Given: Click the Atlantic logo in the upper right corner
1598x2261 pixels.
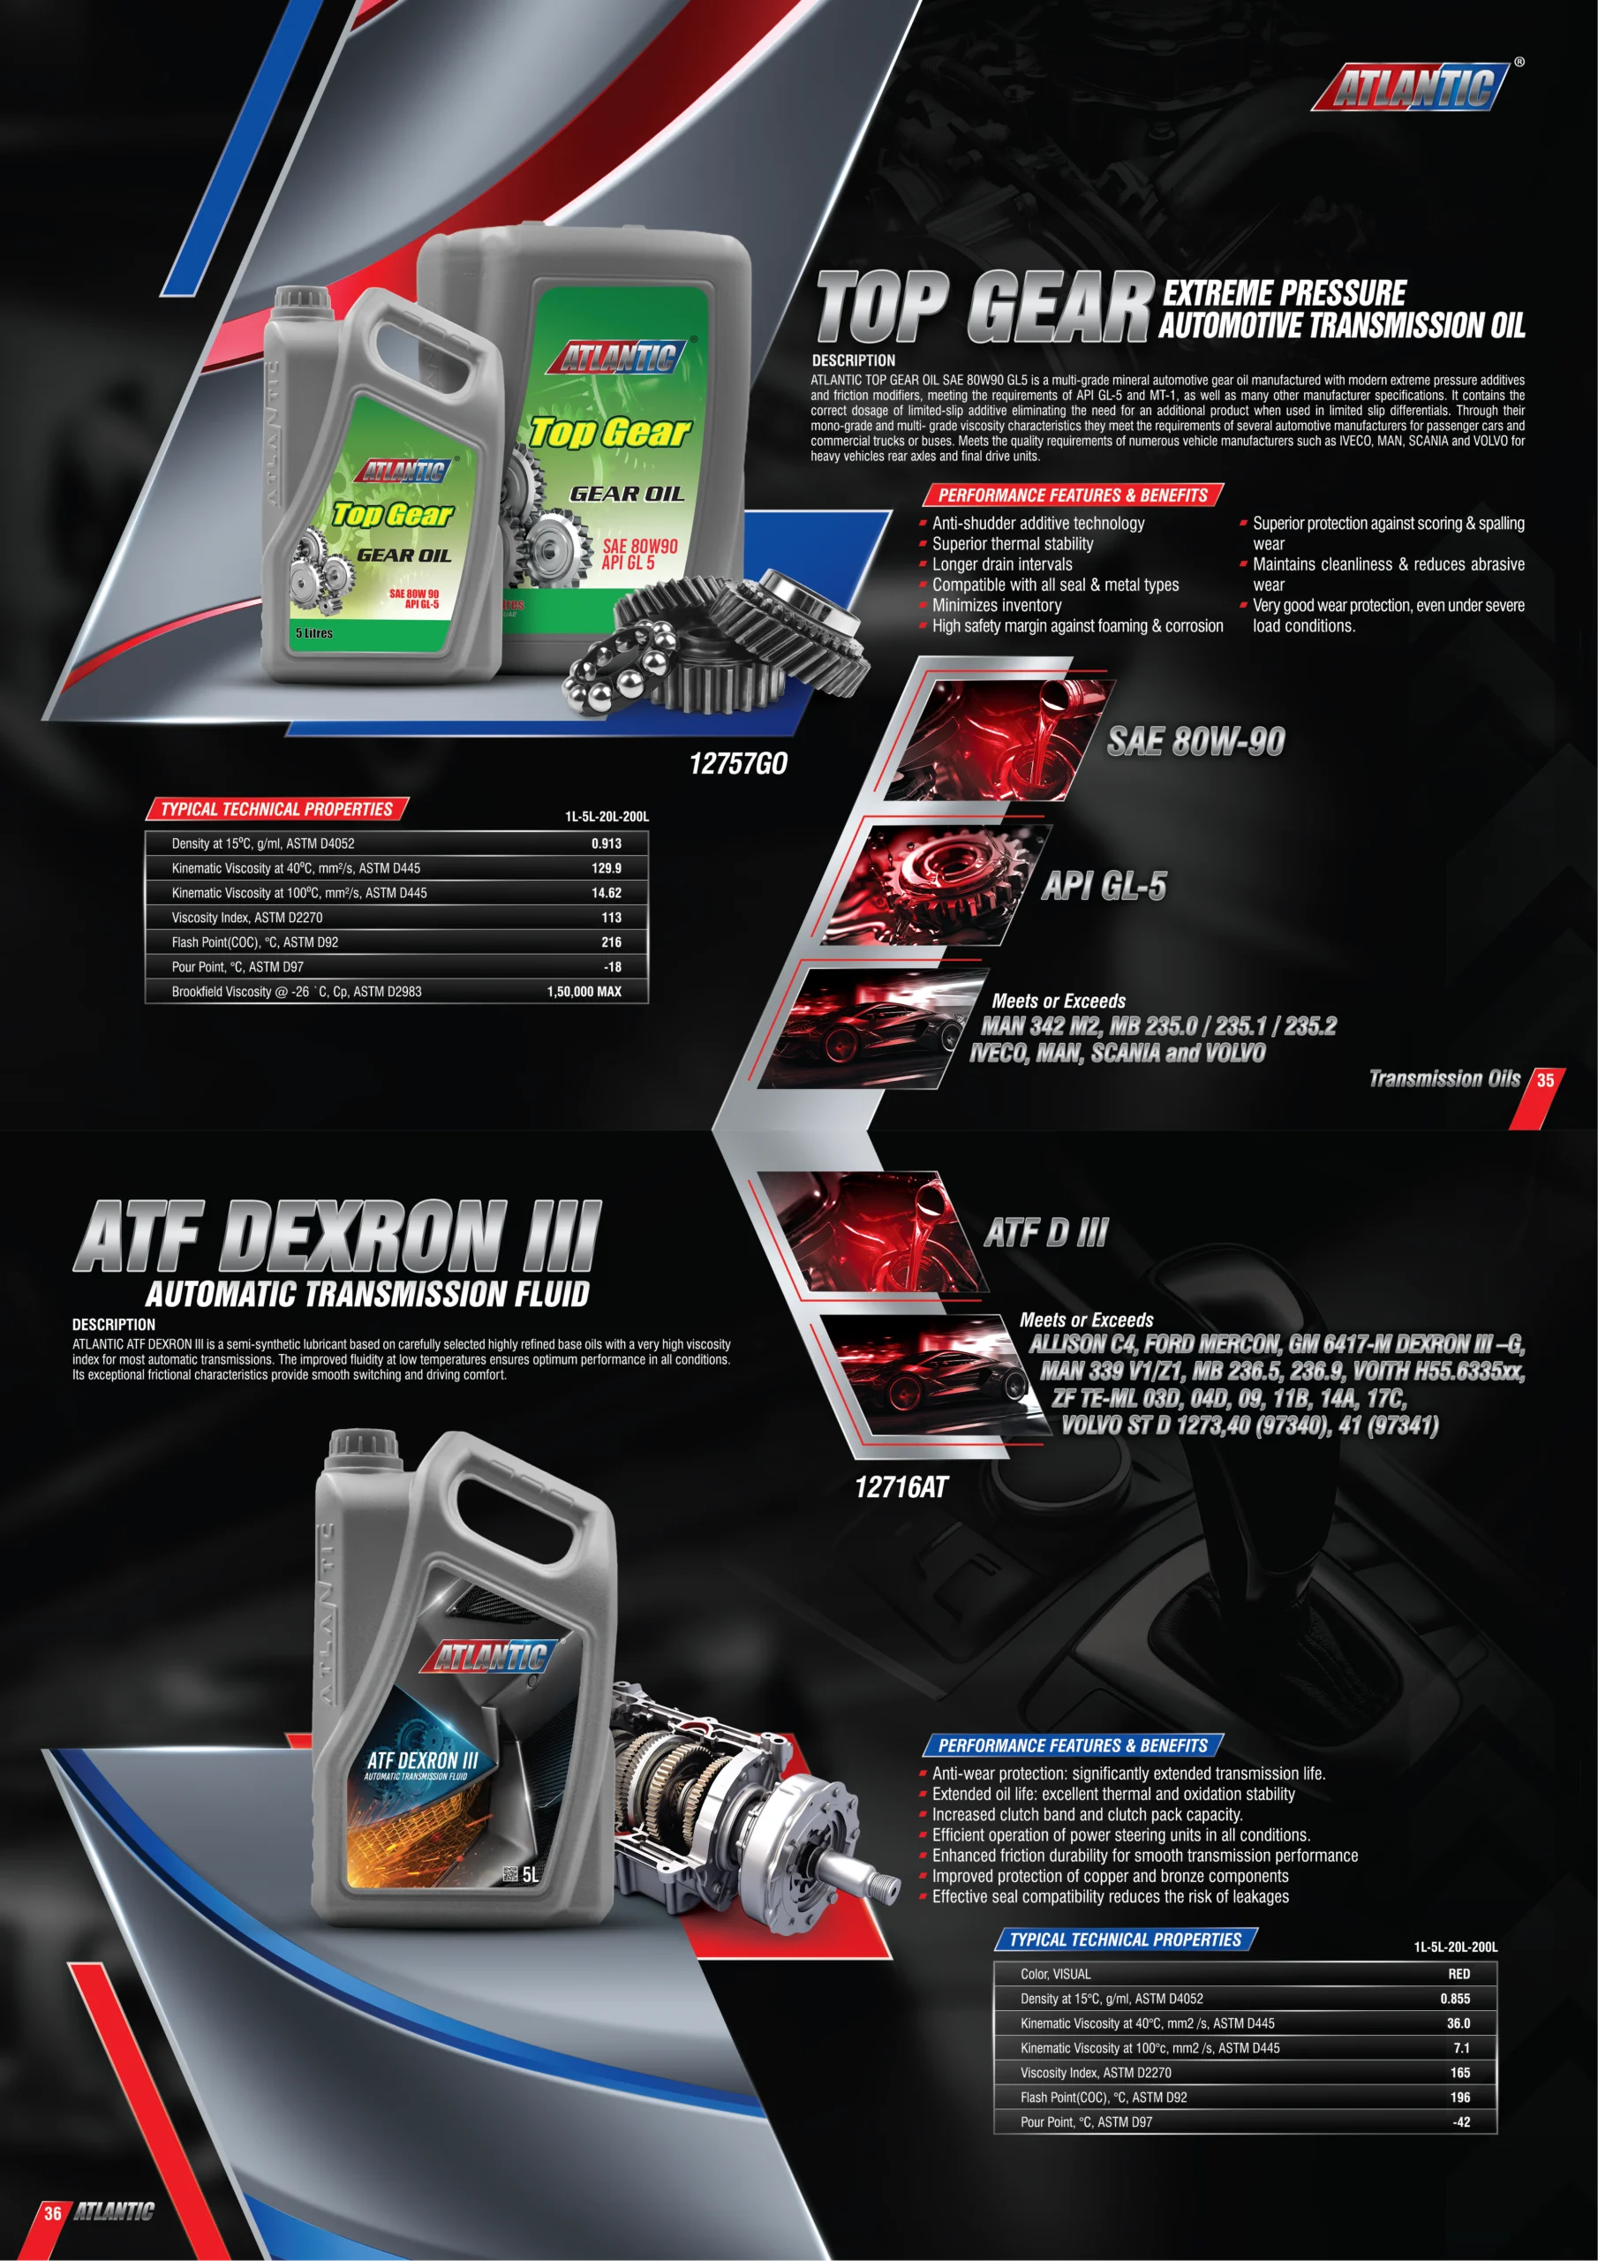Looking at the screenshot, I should pyautogui.click(x=1410, y=87).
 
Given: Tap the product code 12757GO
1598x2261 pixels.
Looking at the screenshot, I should pyautogui.click(x=737, y=763).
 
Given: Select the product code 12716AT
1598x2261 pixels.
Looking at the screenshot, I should pyautogui.click(x=901, y=1487).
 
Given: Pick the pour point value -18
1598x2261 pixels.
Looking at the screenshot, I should pyautogui.click(x=612, y=967).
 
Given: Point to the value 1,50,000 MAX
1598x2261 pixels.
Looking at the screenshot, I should pyautogui.click(x=584, y=992).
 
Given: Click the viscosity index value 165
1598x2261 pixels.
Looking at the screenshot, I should pyautogui.click(x=1459, y=2072).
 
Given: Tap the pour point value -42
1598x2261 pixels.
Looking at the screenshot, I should pyautogui.click(x=1460, y=2122).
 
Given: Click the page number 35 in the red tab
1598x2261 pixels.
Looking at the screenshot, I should pyautogui.click(x=1545, y=1080).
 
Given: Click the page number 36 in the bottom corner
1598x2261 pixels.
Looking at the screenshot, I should pyautogui.click(x=52, y=2213).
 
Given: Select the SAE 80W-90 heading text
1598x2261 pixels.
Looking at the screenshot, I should pyautogui.click(x=1195, y=742).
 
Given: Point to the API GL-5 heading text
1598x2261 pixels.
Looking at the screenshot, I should pyautogui.click(x=1104, y=885).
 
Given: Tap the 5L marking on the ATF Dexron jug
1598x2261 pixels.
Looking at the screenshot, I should pyautogui.click(x=530, y=1875).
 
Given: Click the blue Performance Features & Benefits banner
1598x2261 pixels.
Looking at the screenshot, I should pyautogui.click(x=1072, y=1745).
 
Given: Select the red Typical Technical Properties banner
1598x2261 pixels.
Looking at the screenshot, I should pyautogui.click(x=276, y=810).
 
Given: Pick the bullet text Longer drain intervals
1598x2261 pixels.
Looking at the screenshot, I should pyautogui.click(x=1001, y=564).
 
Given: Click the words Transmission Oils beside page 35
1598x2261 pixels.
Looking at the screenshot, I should pyautogui.click(x=1443, y=1078).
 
